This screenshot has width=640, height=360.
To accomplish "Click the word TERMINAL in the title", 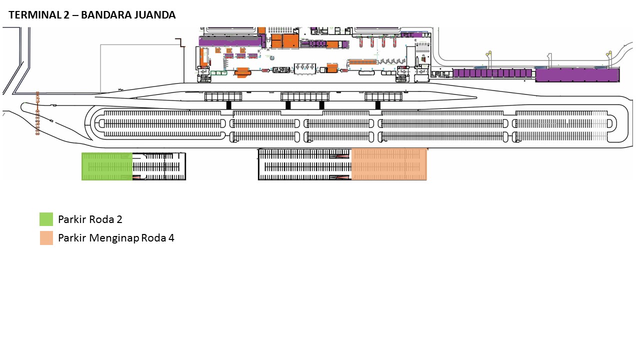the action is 35,15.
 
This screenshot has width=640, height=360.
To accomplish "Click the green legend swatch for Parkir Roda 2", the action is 46,219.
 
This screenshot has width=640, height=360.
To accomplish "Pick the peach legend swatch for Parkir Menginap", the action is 46,238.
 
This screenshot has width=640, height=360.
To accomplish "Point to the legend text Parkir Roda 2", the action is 90,219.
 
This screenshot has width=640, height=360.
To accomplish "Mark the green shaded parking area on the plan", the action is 107,166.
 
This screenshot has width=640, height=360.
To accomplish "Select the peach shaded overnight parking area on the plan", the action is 389,164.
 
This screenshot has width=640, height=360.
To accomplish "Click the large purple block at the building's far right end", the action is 577,75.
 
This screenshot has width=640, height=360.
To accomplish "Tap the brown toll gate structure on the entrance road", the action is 37,113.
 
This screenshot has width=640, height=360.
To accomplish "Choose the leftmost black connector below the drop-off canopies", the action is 228,105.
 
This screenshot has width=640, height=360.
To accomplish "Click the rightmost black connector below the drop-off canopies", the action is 377,105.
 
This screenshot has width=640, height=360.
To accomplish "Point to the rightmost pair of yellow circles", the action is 609,53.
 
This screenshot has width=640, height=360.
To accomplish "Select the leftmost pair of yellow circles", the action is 488,53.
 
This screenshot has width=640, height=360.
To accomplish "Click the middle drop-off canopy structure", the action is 304,96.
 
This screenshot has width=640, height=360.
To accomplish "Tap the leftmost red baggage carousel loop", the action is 361,41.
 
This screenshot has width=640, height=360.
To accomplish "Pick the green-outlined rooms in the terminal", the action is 218,73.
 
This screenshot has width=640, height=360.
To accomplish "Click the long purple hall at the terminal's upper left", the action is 230,41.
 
